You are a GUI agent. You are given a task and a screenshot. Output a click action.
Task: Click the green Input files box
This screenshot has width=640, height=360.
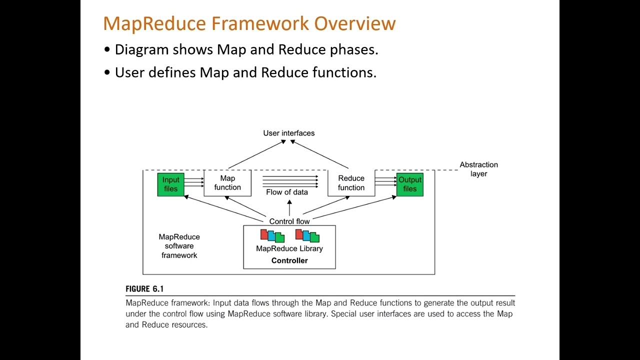click(170, 184)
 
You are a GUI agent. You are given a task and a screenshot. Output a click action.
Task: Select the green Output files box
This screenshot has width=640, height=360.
click(409, 184)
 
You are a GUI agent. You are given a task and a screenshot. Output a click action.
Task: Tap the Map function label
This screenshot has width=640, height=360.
click(227, 183)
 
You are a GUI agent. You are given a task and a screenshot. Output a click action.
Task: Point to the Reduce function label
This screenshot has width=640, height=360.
click(351, 183)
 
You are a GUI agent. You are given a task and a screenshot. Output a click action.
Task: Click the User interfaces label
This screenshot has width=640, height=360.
click(289, 133)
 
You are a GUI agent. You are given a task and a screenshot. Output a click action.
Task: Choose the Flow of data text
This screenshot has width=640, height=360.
click(287, 192)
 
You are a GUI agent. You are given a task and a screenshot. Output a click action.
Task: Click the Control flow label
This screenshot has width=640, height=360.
click(289, 221)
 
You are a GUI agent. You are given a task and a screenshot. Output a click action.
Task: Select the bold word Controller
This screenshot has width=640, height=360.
click(289, 260)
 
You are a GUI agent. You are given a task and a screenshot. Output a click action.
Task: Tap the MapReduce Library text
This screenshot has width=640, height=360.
click(289, 248)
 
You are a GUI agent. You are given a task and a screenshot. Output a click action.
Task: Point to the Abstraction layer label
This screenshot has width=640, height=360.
click(478, 169)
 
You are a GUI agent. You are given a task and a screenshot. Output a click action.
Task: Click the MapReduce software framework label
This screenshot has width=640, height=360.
click(179, 246)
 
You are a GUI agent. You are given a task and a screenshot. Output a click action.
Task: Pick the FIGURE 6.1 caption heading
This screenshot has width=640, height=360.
click(144, 289)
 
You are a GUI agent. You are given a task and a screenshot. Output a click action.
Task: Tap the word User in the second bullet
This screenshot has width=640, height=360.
click(128, 72)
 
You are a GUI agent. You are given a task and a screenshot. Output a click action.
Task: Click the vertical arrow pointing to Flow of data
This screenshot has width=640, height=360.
click(289, 208)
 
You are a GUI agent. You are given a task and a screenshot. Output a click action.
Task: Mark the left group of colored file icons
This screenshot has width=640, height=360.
click(272, 235)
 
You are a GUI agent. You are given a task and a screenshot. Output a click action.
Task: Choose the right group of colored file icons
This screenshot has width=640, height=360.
click(307, 235)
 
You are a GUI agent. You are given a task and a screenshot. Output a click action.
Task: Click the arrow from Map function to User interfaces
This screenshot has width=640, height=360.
click(256, 154)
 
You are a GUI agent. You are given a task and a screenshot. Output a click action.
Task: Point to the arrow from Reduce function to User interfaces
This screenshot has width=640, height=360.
click(320, 154)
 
